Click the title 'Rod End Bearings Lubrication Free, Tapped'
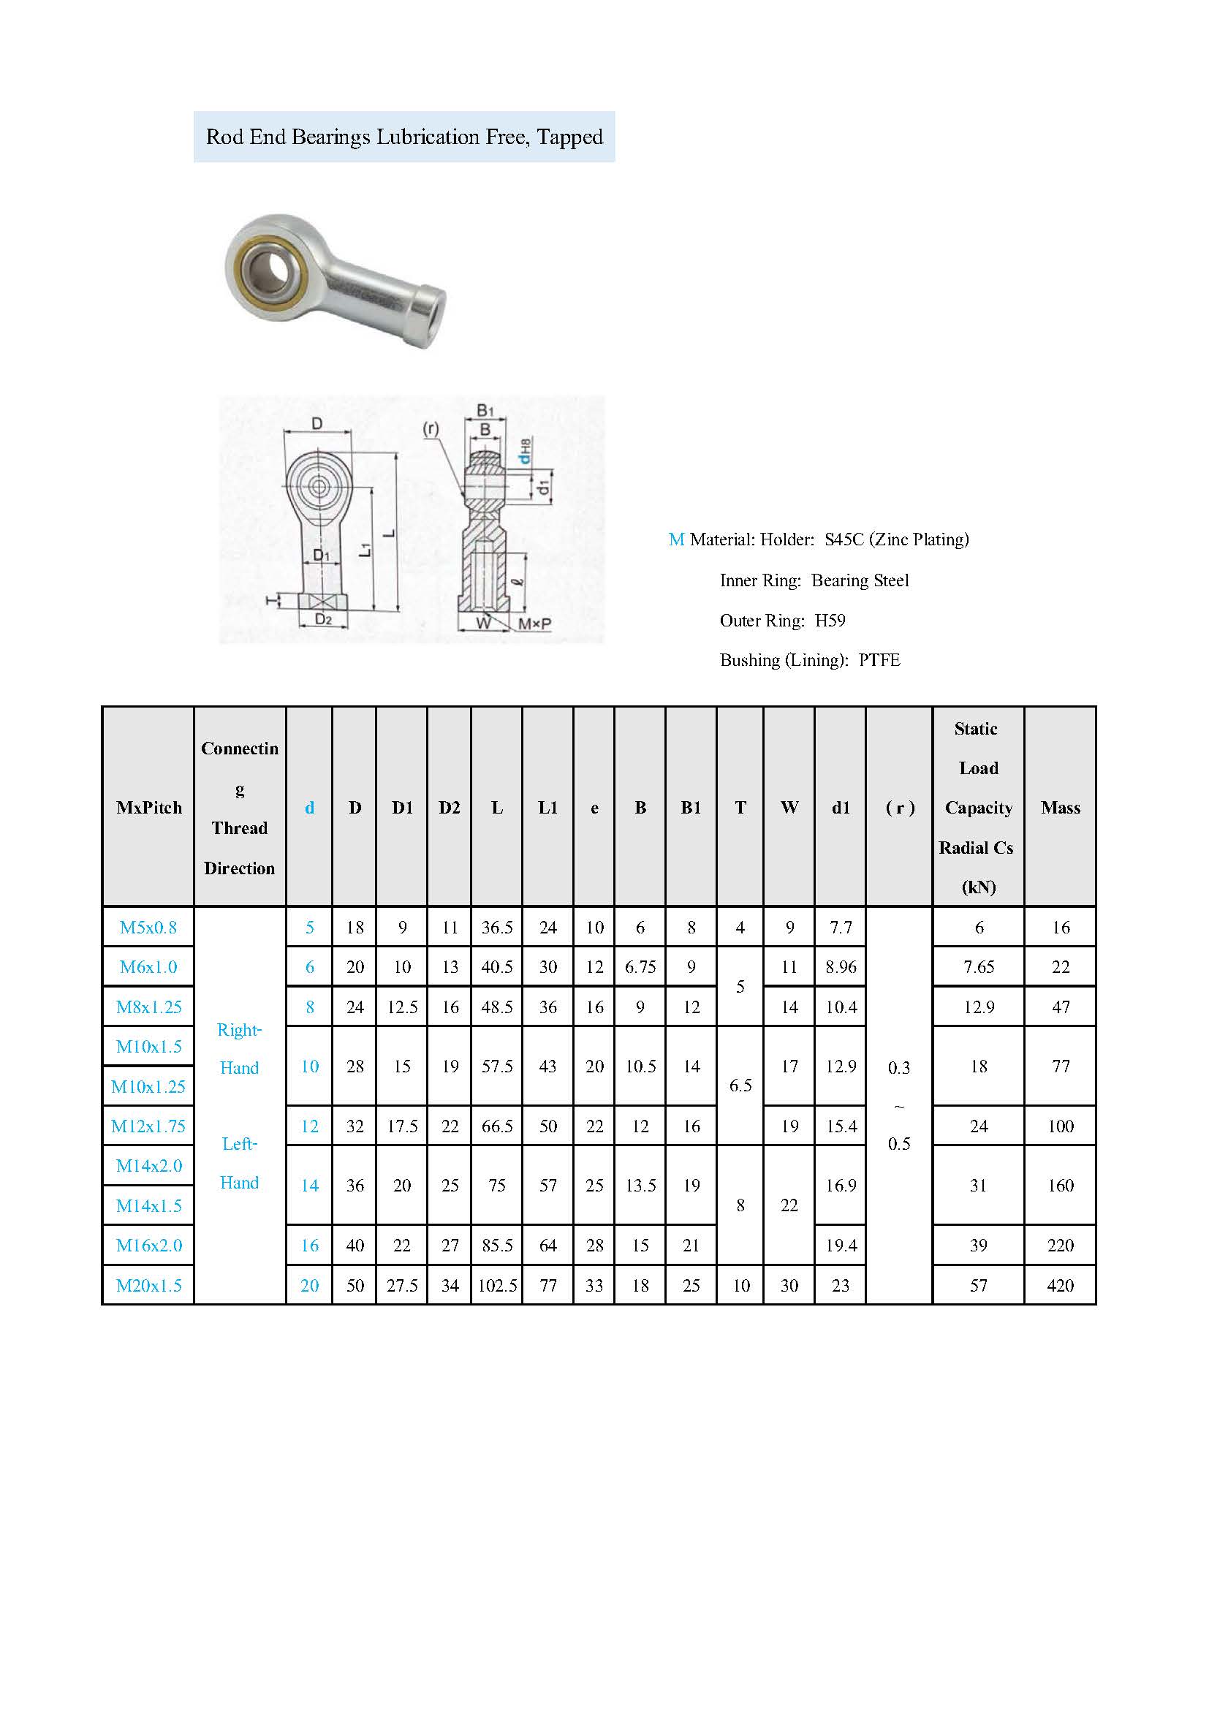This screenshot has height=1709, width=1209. (x=404, y=137)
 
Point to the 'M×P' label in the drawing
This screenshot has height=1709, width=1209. (x=535, y=624)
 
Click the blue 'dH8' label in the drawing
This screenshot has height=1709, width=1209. (x=526, y=452)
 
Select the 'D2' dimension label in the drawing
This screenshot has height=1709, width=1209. (x=323, y=619)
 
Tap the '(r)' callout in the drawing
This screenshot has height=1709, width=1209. (x=431, y=429)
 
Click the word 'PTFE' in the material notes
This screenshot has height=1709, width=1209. (x=879, y=660)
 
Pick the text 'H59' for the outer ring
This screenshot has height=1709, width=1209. (x=830, y=621)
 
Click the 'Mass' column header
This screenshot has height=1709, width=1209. (x=1060, y=808)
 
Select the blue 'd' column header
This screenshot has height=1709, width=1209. (x=310, y=808)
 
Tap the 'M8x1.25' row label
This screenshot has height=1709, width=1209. (x=149, y=1007)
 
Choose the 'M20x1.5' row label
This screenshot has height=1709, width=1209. (x=149, y=1286)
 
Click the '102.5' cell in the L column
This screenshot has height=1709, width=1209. (x=497, y=1286)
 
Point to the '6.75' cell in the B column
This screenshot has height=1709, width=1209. (x=640, y=967)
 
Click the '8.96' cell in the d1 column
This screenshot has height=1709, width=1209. (x=841, y=967)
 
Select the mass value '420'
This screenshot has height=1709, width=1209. (x=1060, y=1286)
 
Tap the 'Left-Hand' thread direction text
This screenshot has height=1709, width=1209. (x=240, y=1164)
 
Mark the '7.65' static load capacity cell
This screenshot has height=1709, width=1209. (x=979, y=967)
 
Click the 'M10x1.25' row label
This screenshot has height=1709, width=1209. (x=149, y=1087)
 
